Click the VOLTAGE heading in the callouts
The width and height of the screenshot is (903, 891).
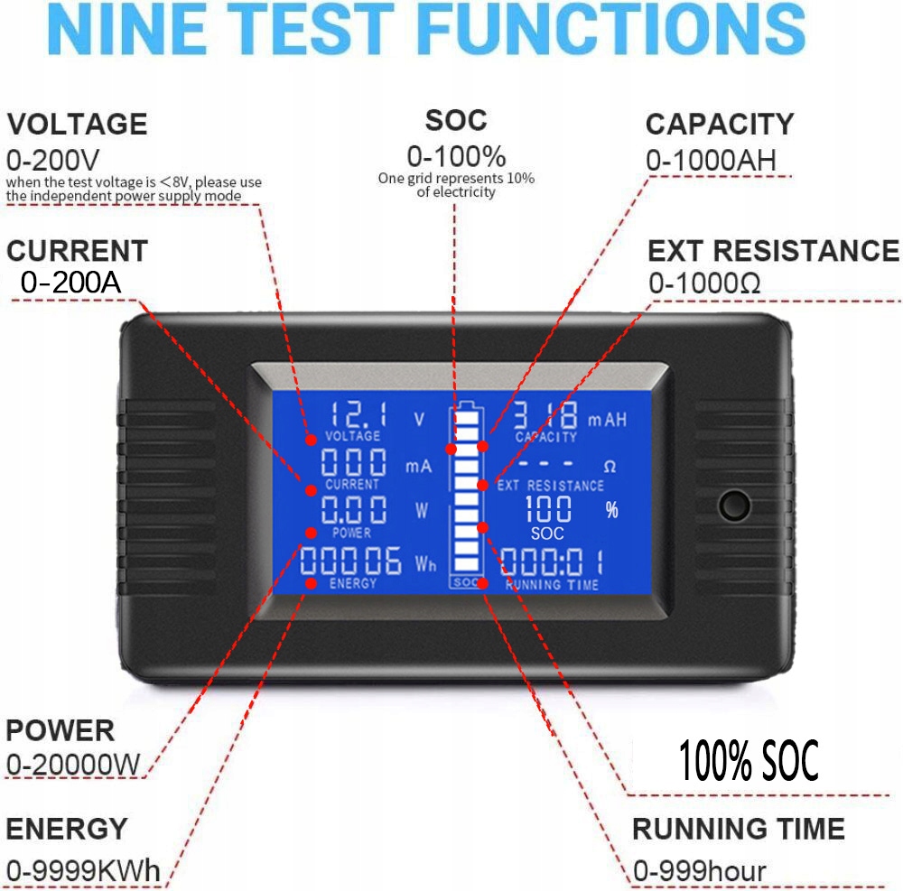click(77, 125)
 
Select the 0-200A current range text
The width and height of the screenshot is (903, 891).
click(70, 282)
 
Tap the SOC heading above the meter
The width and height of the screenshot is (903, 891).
click(456, 120)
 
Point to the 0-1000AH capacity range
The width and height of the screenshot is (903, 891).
click(712, 160)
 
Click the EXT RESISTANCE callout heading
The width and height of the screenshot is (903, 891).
click(774, 251)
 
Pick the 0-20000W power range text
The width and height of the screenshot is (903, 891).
click(73, 765)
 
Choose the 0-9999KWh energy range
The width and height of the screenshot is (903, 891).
click(83, 870)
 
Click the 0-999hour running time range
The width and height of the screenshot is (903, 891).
click(700, 870)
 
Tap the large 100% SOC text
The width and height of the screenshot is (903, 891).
click(749, 760)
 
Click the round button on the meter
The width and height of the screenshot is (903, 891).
click(735, 506)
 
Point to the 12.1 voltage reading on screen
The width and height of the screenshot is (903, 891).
click(358, 414)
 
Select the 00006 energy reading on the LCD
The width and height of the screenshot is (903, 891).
click(350, 562)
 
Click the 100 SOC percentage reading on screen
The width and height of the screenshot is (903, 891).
click(548, 509)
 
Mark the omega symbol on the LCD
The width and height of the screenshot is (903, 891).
click(610, 466)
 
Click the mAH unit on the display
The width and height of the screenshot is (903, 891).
click(607, 420)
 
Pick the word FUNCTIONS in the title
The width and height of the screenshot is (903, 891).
click(611, 30)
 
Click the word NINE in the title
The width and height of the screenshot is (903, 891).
click(127, 30)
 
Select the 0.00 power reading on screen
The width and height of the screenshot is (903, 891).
click(354, 509)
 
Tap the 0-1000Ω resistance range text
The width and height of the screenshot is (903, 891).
click(704, 283)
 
